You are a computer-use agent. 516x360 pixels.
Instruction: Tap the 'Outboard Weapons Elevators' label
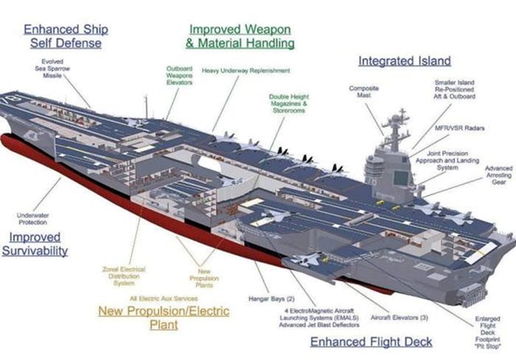(179, 77)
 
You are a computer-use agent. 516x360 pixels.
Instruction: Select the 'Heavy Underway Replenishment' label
(246, 70)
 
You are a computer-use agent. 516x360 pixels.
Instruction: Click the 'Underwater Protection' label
(33, 218)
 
